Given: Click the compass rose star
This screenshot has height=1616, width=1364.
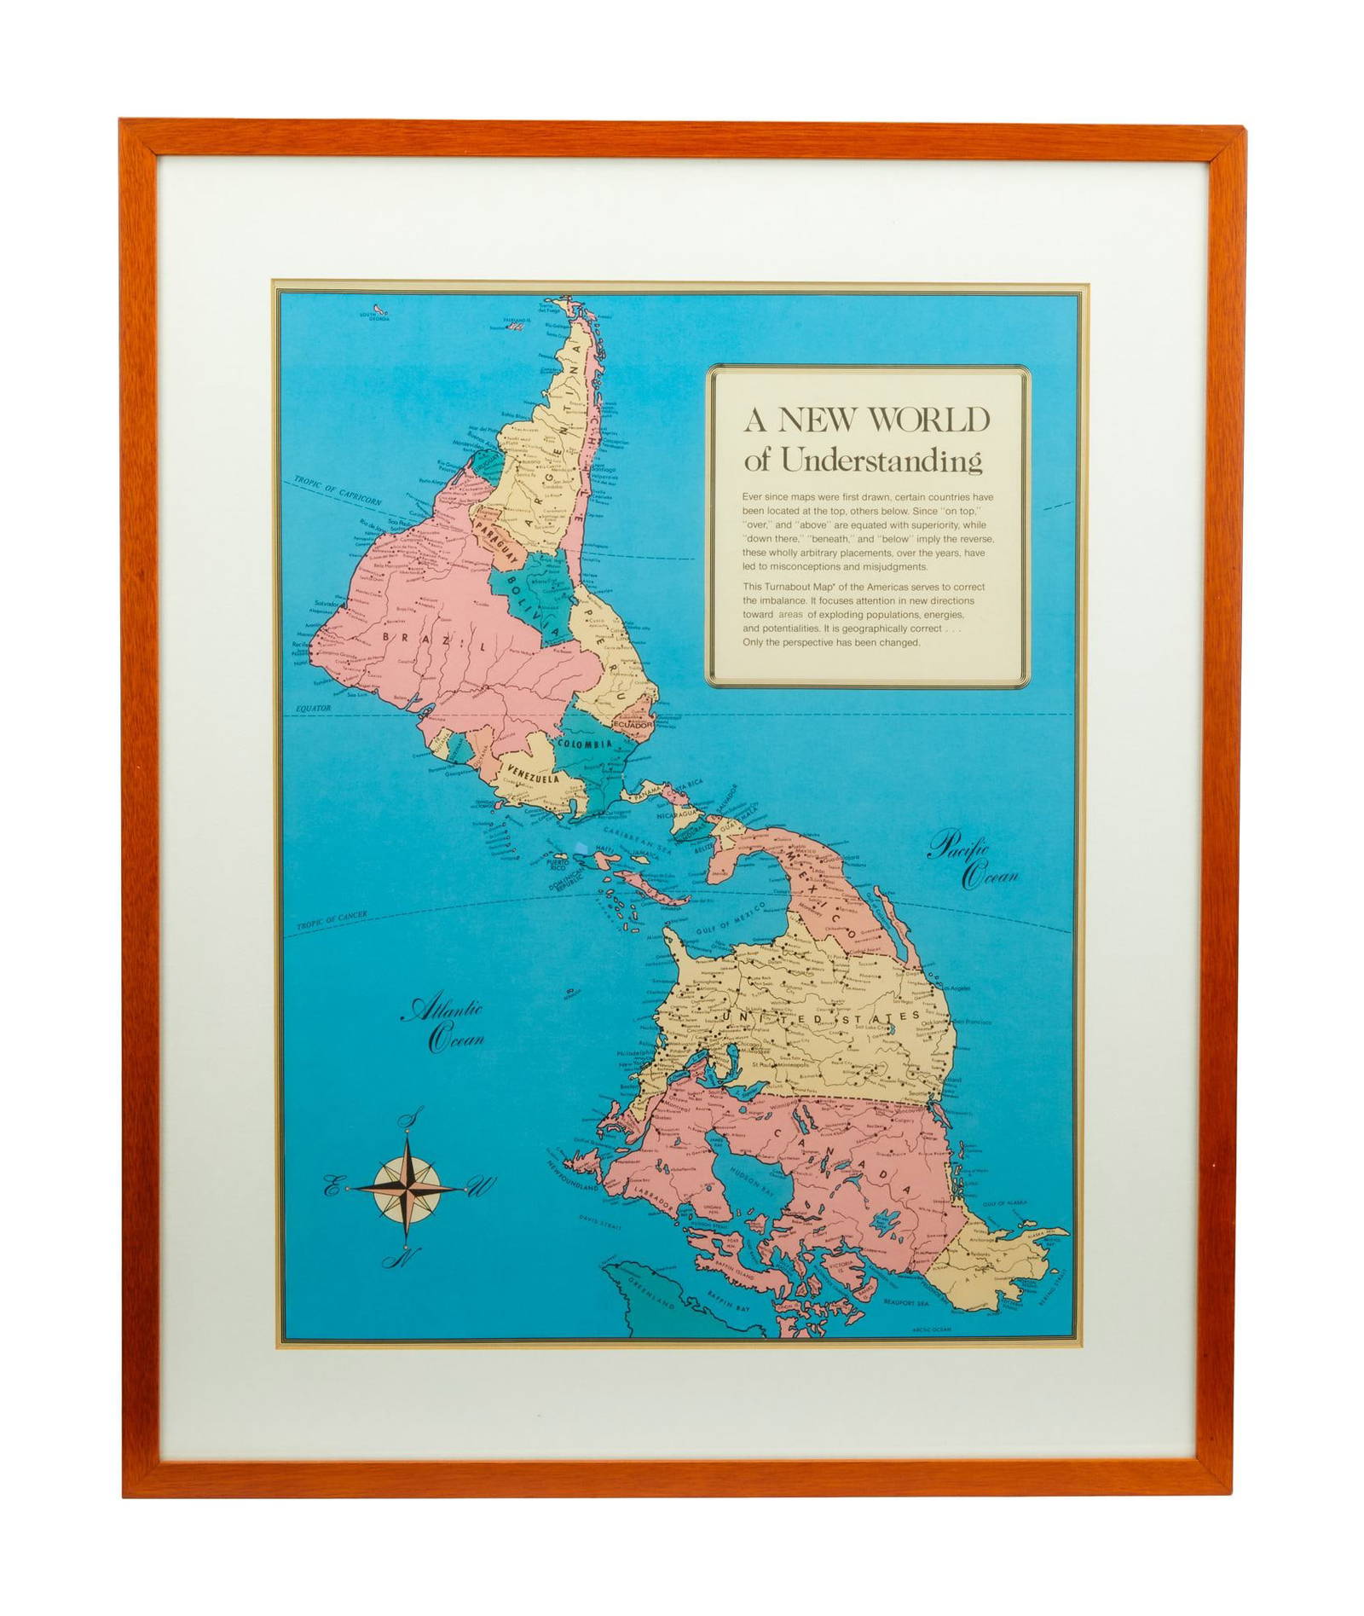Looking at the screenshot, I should point(407,1187).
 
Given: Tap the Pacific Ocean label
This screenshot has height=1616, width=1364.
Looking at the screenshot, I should point(973,861).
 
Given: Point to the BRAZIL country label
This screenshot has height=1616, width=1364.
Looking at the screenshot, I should point(435,640).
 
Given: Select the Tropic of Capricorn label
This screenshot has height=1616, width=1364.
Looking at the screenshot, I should point(338,489).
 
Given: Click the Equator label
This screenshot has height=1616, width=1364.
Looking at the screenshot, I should point(312,709).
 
